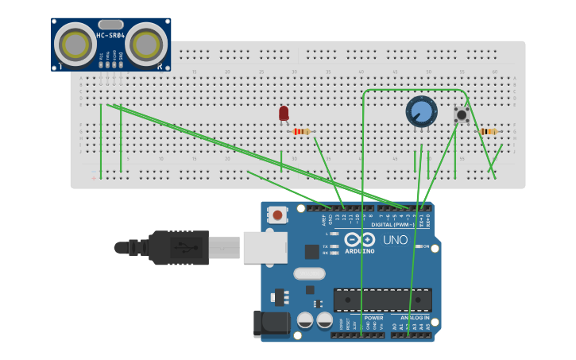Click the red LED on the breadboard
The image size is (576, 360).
pyautogui.click(x=284, y=114)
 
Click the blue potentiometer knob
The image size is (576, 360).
pyautogui.click(x=420, y=111)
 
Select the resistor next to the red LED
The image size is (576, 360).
pyautogui.click(x=302, y=131)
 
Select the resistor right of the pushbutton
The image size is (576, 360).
pyautogui.click(x=488, y=131)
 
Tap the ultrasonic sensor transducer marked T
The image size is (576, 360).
pyautogui.click(x=75, y=44)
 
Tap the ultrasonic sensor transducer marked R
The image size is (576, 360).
pyautogui.click(x=147, y=44)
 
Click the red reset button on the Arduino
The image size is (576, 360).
pyautogui.click(x=277, y=215)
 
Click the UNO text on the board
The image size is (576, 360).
pyautogui.click(x=395, y=240)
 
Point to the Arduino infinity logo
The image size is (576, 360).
pyautogui.click(x=360, y=240)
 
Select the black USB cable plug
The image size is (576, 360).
pyautogui.click(x=179, y=247)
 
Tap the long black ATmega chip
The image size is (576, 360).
pyautogui.click(x=383, y=300)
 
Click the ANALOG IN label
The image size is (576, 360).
pyautogui.click(x=414, y=317)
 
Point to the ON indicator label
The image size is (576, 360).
pyautogui.click(x=427, y=246)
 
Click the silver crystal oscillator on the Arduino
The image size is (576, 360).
pyautogui.click(x=309, y=274)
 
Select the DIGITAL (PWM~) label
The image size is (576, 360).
pyautogui.click(x=402, y=225)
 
